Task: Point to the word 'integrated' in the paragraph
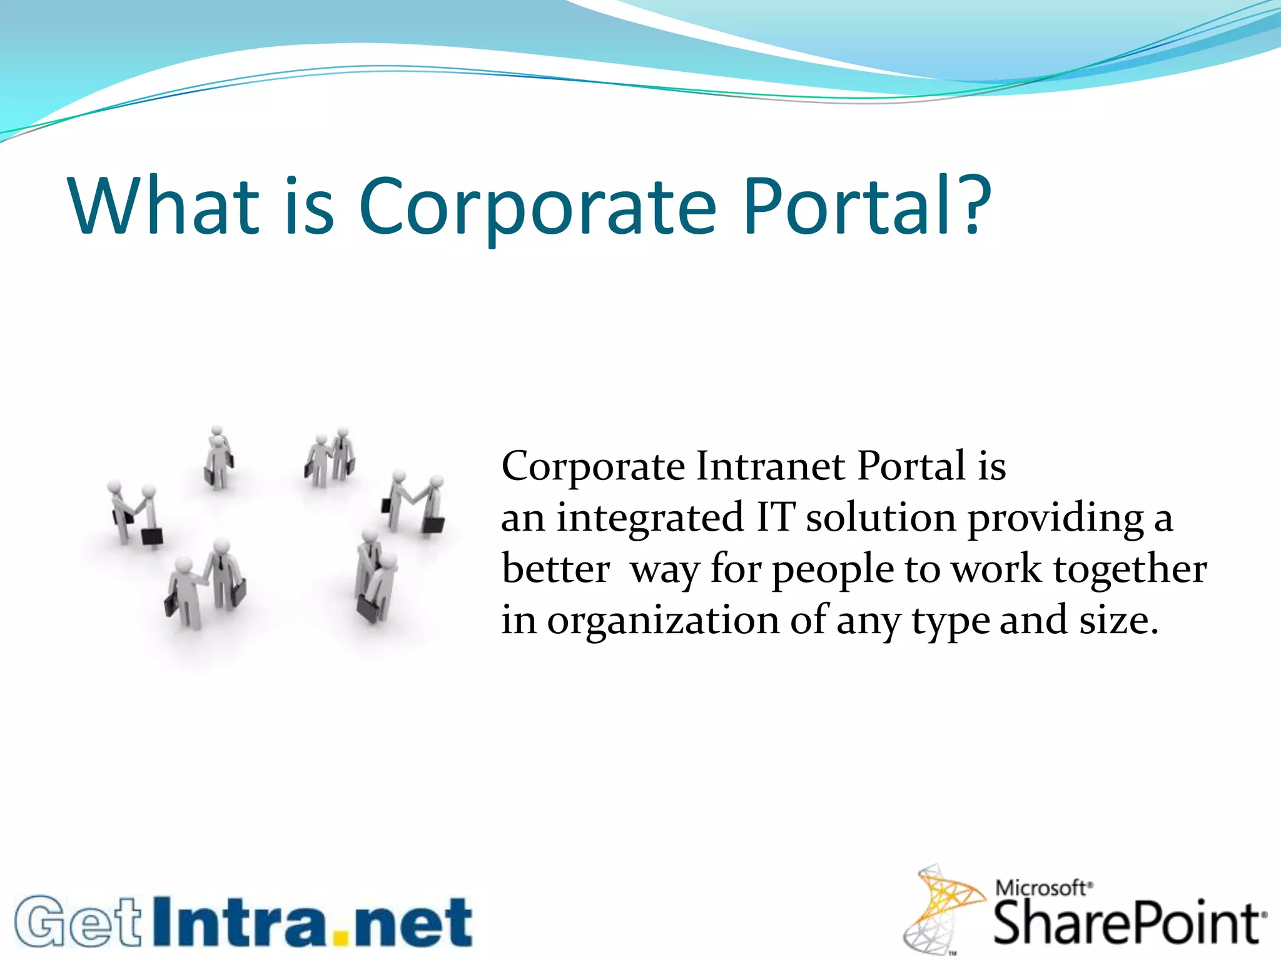[x=651, y=519]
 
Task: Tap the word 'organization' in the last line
[x=663, y=621]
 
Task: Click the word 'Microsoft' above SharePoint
[x=1041, y=887]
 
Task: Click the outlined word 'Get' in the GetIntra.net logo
[x=79, y=922]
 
